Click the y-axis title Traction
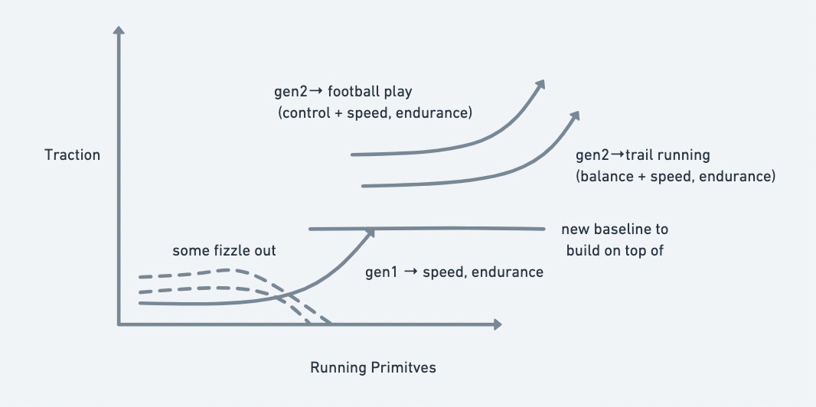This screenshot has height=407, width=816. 72,155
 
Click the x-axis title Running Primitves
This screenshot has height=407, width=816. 372,367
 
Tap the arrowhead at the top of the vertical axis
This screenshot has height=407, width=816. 118,31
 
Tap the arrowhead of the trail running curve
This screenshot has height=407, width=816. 575,115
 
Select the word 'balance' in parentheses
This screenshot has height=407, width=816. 605,177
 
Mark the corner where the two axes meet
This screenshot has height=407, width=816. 119,324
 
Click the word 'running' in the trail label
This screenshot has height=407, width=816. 684,156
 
